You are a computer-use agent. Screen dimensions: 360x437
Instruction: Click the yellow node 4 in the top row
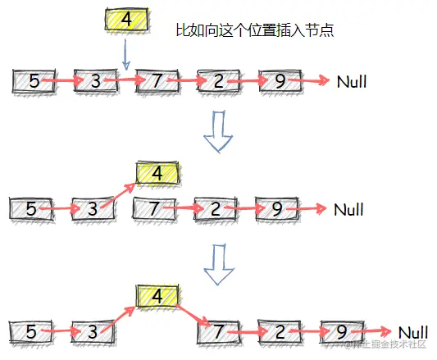pos(125,20)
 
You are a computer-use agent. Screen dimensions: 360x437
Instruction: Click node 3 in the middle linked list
pos(93,208)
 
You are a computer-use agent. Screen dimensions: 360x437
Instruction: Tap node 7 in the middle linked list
pos(154,208)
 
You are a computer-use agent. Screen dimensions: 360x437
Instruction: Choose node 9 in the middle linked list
pos(276,208)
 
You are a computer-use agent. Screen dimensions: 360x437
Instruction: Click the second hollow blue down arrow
pos(218,260)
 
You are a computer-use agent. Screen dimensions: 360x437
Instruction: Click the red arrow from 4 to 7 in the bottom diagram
pos(191,316)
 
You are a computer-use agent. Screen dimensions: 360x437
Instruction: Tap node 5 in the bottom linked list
pos(31,332)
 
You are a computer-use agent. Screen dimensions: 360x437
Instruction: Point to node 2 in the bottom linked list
pos(280,332)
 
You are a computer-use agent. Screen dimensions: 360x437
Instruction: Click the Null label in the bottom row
pos(413,331)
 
